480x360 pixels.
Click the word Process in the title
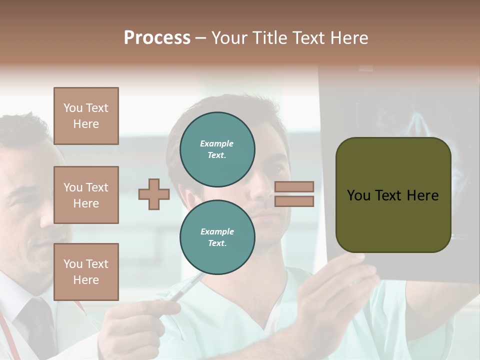tap(157, 38)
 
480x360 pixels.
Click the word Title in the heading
tap(267, 38)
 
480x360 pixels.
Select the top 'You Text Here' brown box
tap(86, 116)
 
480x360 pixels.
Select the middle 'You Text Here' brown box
tap(86, 195)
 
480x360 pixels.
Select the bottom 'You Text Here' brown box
tap(86, 272)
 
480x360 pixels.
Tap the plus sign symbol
tap(154, 194)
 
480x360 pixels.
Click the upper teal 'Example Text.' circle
tap(217, 149)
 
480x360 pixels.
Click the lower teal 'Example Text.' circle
tap(217, 237)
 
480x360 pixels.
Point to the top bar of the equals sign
tap(294, 186)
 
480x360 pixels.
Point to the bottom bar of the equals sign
tap(294, 201)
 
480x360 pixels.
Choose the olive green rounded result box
tap(393, 195)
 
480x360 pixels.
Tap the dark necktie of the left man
tap(37, 325)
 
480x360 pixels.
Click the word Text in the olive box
tap(393, 195)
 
